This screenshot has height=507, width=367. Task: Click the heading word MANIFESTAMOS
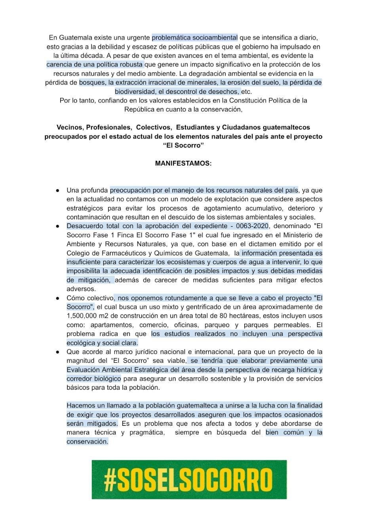183,163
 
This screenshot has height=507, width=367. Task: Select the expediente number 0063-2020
252,226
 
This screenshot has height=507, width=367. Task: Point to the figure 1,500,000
82,316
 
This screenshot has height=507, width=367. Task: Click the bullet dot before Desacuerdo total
58,226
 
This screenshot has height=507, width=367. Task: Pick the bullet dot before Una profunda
58,191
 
